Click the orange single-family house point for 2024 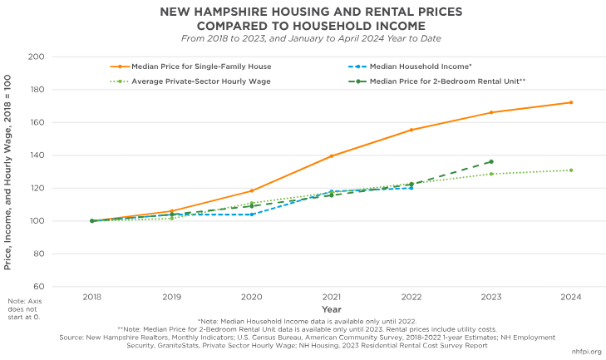click(x=570, y=102)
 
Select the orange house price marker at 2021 click(x=331, y=156)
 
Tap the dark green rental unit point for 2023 click(x=490, y=161)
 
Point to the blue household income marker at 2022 click(x=411, y=188)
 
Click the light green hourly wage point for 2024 click(x=570, y=170)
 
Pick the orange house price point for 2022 click(x=411, y=130)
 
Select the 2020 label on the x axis click(x=251, y=297)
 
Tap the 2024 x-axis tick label click(x=570, y=297)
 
